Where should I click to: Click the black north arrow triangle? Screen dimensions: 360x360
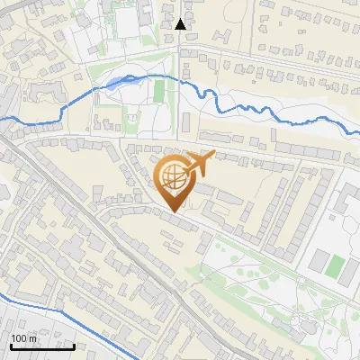(181, 24)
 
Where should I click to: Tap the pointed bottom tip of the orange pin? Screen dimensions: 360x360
(173, 211)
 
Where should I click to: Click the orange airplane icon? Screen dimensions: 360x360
(200, 163)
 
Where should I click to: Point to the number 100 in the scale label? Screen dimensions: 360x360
(19, 338)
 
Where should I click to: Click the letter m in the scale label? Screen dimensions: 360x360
(32, 338)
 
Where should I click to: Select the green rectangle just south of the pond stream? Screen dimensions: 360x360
(159, 91)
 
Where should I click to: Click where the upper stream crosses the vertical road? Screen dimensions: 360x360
(180, 81)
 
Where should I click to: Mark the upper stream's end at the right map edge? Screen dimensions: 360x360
(358, 132)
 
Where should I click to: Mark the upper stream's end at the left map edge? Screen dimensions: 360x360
(2, 118)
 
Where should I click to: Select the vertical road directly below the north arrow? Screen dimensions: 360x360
(180, 54)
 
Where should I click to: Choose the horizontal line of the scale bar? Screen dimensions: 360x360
(41, 346)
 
